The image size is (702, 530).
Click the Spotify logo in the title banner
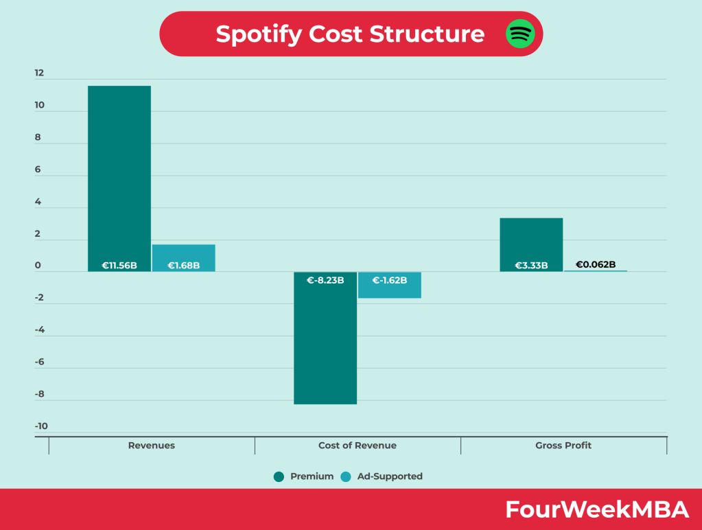pos(520,34)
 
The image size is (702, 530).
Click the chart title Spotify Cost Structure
pos(350,34)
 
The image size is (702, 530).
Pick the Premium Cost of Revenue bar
pos(325,343)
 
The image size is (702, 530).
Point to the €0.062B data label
pos(596,264)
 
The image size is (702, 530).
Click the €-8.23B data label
pos(325,280)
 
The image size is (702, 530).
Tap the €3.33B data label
pos(531,265)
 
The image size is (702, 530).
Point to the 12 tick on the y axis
pos(39,73)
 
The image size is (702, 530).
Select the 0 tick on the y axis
pos(38,266)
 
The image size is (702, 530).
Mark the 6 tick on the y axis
pos(38,170)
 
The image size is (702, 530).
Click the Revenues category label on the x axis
pos(152,446)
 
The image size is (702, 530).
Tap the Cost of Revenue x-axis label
pos(358,446)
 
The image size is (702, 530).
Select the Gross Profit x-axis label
pos(563,446)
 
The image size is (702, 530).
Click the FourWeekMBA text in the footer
pos(597,509)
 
